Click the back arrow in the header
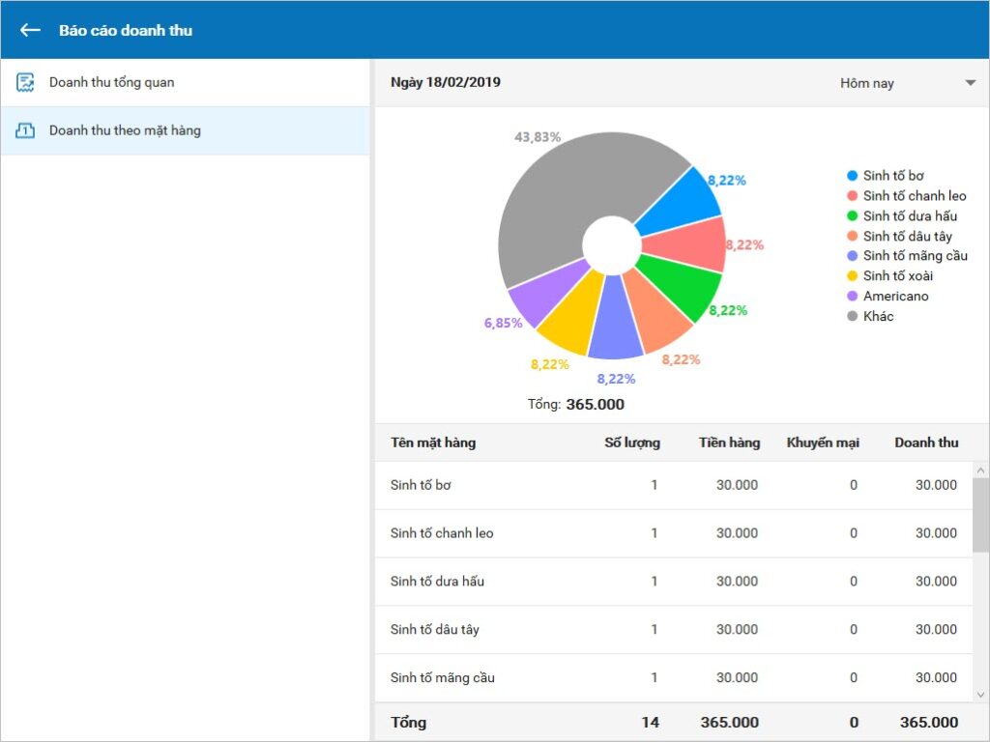pyautogui.click(x=30, y=30)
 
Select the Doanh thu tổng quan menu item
pyautogui.click(x=111, y=83)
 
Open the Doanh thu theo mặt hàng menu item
pyautogui.click(x=125, y=130)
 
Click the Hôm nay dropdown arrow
pyautogui.click(x=971, y=83)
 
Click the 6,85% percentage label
pyautogui.click(x=503, y=323)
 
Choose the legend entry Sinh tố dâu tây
pyautogui.click(x=900, y=236)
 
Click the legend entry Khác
pyautogui.click(x=871, y=316)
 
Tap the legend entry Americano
pyautogui.click(x=888, y=296)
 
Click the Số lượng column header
pyautogui.click(x=632, y=442)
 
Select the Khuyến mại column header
pyautogui.click(x=823, y=442)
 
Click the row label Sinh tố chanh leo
pyautogui.click(x=442, y=533)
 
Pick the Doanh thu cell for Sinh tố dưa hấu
pyautogui.click(x=936, y=581)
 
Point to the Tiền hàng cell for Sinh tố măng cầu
pyautogui.click(x=737, y=677)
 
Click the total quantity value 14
pyautogui.click(x=651, y=723)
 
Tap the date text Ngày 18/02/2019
pyautogui.click(x=446, y=83)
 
